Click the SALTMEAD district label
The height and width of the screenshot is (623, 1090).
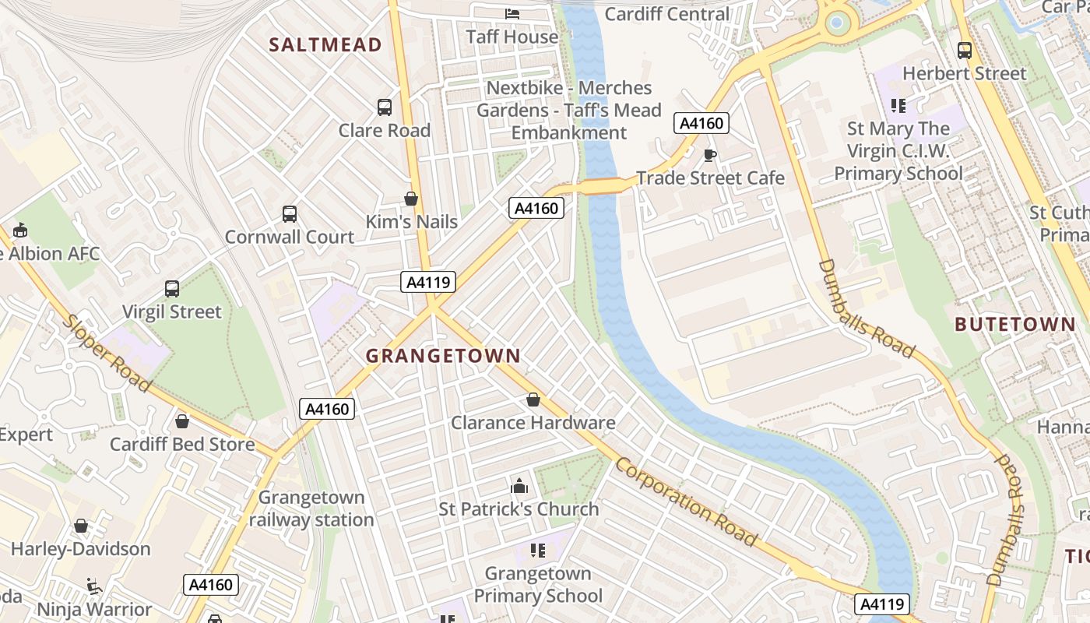tap(325, 44)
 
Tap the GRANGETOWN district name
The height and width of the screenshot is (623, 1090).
tap(443, 356)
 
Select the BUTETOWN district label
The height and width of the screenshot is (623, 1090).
tap(1014, 325)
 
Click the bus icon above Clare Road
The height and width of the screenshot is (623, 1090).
tap(384, 107)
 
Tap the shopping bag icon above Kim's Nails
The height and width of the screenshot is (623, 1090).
tap(411, 199)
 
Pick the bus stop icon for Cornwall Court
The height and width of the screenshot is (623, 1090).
tap(290, 213)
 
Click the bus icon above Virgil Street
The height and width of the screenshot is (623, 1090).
tap(172, 289)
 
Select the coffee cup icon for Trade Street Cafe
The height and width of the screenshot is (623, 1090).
tap(709, 155)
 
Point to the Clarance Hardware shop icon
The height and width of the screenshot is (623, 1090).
tap(533, 400)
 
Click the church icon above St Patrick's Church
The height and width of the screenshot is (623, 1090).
tap(519, 487)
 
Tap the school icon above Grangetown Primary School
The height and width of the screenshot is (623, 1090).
tap(537, 551)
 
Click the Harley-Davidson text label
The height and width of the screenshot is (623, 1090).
tap(81, 549)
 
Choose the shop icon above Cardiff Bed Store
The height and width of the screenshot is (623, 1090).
tap(182, 421)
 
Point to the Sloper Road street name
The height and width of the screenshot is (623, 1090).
tap(107, 354)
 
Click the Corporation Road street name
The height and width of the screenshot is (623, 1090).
tap(686, 502)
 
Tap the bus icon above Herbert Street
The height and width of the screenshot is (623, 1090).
tap(965, 51)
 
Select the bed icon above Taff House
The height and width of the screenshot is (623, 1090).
tap(512, 13)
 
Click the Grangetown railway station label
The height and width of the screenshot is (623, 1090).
tap(311, 509)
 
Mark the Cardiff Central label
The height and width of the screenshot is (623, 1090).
tap(667, 14)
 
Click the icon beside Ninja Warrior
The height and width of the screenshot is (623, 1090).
tap(93, 586)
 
